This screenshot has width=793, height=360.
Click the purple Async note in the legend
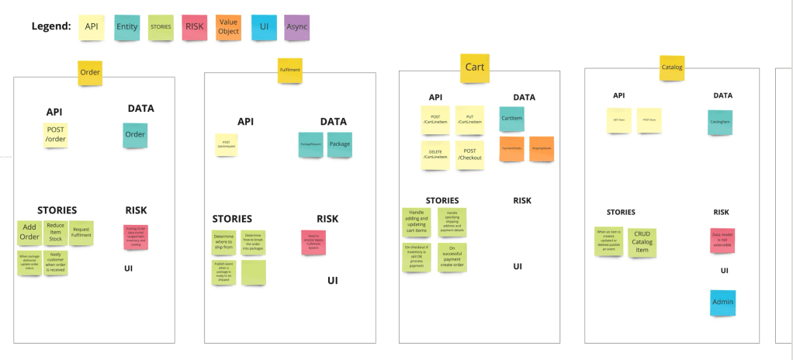tap(296, 27)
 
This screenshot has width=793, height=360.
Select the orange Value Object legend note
tap(228, 27)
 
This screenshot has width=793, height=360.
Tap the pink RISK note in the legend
tap(194, 27)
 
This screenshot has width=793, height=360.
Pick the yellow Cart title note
tap(474, 67)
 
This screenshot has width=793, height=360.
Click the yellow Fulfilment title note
tap(289, 70)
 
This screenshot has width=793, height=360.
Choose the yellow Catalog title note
tap(671, 67)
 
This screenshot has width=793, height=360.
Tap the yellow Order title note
tap(90, 72)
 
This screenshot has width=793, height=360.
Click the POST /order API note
tap(56, 134)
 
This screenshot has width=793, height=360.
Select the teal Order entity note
tap(135, 134)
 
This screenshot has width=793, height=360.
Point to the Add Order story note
tap(29, 233)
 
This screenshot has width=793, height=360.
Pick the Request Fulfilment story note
tap(81, 231)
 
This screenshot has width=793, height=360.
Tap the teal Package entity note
tap(339, 144)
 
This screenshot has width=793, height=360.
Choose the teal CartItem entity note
tap(511, 118)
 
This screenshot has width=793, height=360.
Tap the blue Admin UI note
tap(722, 302)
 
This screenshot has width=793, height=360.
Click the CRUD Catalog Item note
tap(642, 241)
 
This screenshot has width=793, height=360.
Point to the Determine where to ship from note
tap(223, 243)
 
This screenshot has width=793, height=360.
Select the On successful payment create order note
tap(452, 258)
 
